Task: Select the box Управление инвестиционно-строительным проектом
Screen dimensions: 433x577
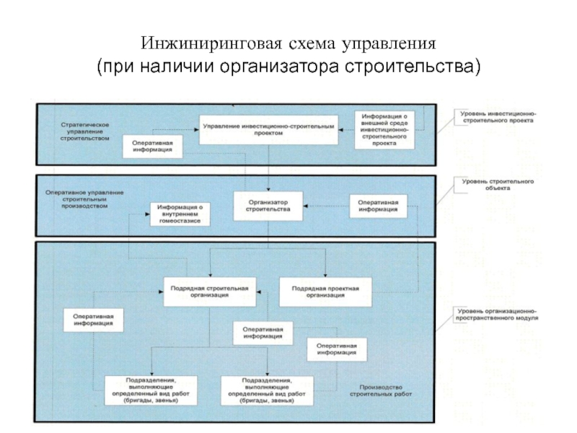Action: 268,129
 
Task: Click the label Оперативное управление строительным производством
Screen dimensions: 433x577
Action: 84,199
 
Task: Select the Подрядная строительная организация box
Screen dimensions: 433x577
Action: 209,291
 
